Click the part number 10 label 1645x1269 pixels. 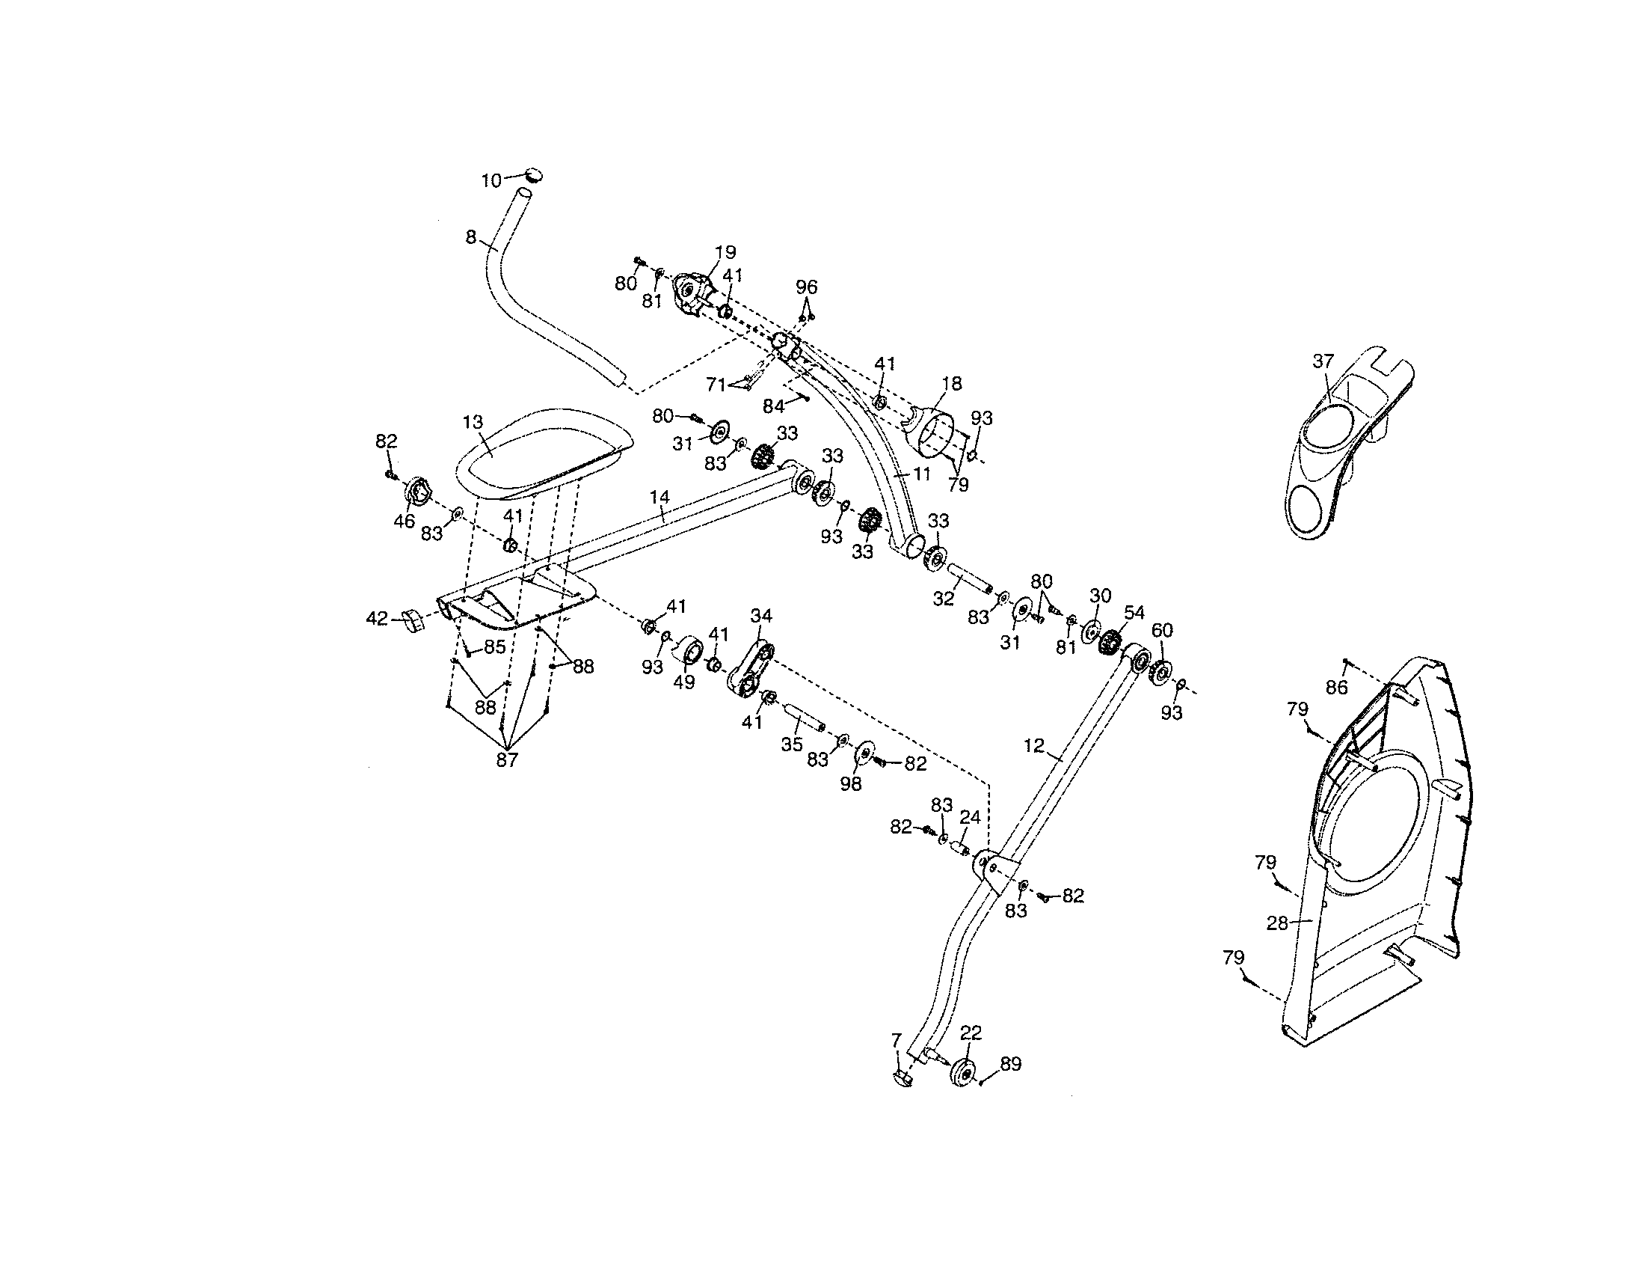pyautogui.click(x=491, y=181)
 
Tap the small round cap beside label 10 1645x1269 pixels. pyautogui.click(x=534, y=176)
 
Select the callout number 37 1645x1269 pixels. pyautogui.click(x=1323, y=361)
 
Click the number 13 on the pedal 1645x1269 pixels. pyautogui.click(x=473, y=422)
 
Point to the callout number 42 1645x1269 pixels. pyautogui.click(x=376, y=619)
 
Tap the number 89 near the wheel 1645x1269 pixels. pyautogui.click(x=1010, y=1064)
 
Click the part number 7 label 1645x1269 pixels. pyautogui.click(x=895, y=1041)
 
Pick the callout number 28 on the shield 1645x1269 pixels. pyautogui.click(x=1277, y=923)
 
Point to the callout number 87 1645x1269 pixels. pyautogui.click(x=507, y=760)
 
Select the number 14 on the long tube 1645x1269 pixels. pyautogui.click(x=659, y=498)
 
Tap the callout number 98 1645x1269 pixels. pyautogui.click(x=850, y=783)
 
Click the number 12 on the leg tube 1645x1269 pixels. pyautogui.click(x=1034, y=745)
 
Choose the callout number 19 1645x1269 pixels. pyautogui.click(x=725, y=252)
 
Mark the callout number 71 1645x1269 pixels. pyautogui.click(x=716, y=385)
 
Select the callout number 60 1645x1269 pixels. pyautogui.click(x=1162, y=630)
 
